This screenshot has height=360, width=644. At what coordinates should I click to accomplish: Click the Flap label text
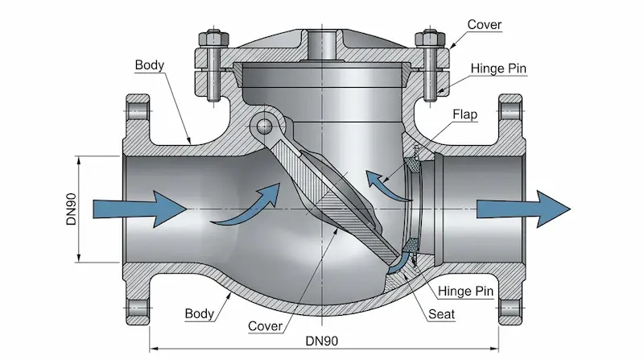464,115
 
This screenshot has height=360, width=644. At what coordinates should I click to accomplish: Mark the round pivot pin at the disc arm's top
263,125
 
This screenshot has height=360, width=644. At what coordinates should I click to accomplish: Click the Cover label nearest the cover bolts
485,25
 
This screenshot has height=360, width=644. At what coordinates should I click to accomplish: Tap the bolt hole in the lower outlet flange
509,307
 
